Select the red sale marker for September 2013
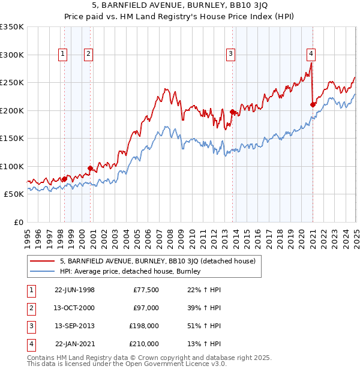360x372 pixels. click(x=232, y=112)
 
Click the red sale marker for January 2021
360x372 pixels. click(x=313, y=105)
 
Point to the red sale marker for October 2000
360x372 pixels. click(x=90, y=168)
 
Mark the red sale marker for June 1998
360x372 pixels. click(x=65, y=179)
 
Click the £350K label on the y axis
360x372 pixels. click(x=12, y=27)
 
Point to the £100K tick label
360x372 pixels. click(x=12, y=166)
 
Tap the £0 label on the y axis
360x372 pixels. click(x=18, y=222)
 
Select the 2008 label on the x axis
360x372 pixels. click(x=170, y=234)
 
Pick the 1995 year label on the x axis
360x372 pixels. click(x=28, y=234)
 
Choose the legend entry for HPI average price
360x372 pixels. click(x=130, y=272)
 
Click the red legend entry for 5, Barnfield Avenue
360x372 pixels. click(x=158, y=261)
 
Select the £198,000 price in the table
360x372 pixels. click(x=144, y=326)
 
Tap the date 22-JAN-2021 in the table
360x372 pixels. click(x=74, y=344)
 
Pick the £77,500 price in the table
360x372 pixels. click(x=146, y=290)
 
